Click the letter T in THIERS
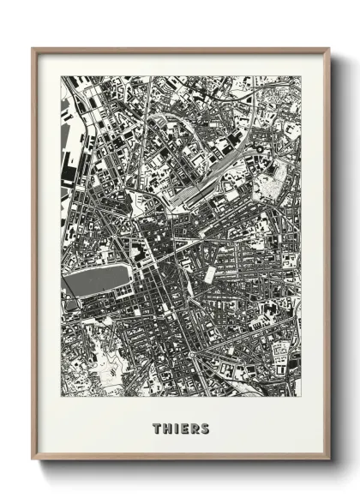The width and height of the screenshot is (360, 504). coord(157,427)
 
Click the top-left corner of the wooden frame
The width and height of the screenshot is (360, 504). coord(33,48)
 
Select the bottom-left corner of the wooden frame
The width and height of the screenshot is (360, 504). coord(33,460)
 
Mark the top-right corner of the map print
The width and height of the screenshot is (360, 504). coord(301,76)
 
